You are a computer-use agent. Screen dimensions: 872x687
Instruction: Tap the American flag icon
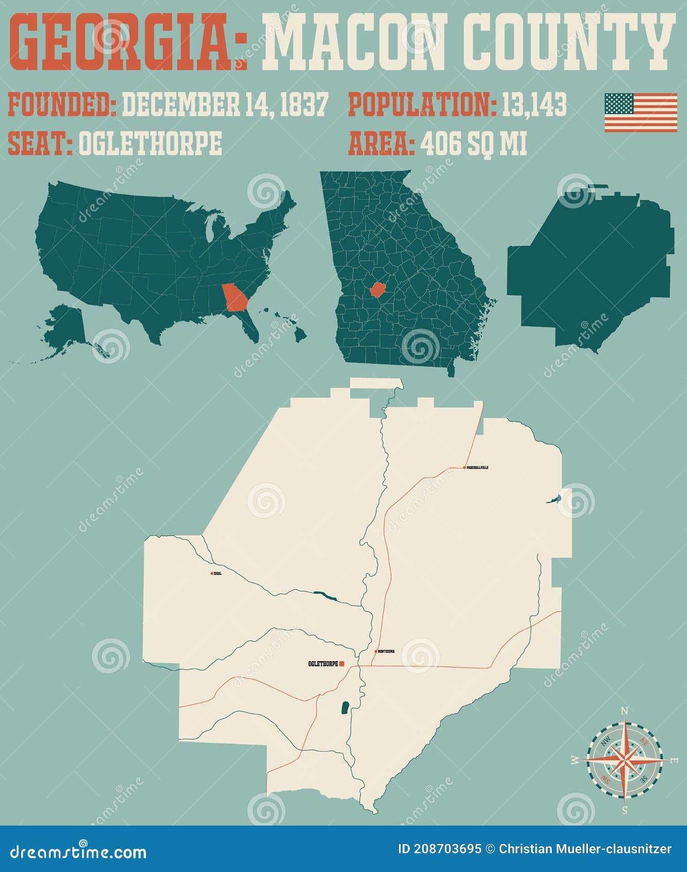coord(641,112)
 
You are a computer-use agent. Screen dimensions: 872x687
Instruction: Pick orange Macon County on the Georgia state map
coord(378,289)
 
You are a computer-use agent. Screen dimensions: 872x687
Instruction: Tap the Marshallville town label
coord(477,467)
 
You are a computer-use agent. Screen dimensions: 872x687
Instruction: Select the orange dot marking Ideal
coord(212,573)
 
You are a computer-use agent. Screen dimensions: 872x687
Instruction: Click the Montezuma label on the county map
coord(386,651)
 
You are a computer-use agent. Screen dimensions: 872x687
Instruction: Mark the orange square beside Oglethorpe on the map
coord(342,664)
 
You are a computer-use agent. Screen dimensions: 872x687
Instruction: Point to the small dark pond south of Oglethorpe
coord(344,707)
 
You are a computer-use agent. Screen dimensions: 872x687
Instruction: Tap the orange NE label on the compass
coord(644,741)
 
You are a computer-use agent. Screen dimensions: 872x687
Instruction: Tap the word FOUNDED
coord(62,105)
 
